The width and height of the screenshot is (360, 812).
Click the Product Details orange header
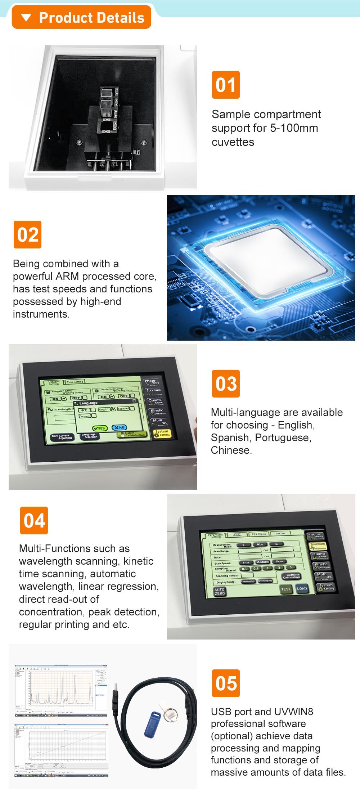pyautogui.click(x=82, y=18)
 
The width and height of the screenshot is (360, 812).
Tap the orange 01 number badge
pyautogui.click(x=226, y=85)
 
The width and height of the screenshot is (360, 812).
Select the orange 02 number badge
pyautogui.click(x=28, y=235)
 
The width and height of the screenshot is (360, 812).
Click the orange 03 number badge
pyautogui.click(x=226, y=384)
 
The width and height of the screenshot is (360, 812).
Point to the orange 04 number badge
pyautogui.click(x=34, y=521)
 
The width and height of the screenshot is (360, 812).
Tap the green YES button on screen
pyautogui.click(x=100, y=428)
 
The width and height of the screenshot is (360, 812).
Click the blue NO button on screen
pyautogui.click(x=120, y=427)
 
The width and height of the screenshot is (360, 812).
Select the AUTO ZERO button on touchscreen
pyautogui.click(x=220, y=592)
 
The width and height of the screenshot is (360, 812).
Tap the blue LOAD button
pyautogui.click(x=302, y=589)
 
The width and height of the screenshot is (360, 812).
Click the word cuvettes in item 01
pyautogui.click(x=233, y=142)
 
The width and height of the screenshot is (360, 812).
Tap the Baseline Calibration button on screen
pyautogui.click(x=291, y=577)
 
